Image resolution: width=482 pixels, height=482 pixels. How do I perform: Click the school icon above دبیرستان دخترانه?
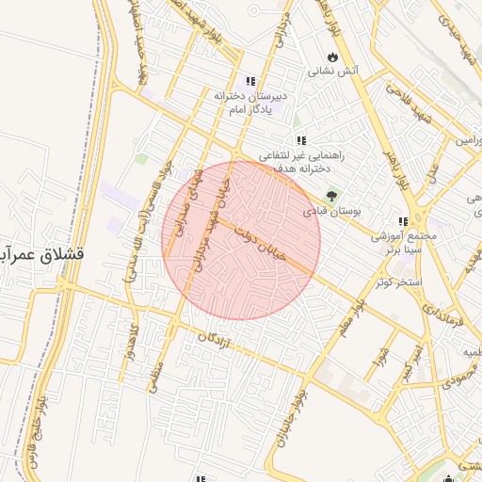coord(250,82)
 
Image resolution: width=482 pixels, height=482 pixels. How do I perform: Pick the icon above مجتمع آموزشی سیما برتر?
coord(403,222)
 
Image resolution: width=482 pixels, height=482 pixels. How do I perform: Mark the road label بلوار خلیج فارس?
coord(42,423)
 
